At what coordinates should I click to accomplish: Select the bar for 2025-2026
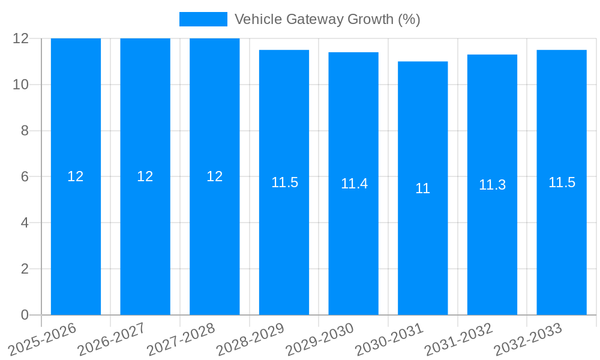tap(76, 240)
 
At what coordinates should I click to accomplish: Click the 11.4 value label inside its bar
tap(354, 184)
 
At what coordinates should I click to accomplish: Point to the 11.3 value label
tap(492, 185)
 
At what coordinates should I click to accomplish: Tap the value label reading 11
tap(422, 188)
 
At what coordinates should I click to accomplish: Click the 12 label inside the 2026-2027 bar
tap(145, 176)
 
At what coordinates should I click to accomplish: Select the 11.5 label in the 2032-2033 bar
tap(562, 182)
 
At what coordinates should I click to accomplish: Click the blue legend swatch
tap(203, 19)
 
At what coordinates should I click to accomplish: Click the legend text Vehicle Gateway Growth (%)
tap(327, 19)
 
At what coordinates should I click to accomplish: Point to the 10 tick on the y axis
tap(21, 85)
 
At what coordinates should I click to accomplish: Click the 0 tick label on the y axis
tap(25, 315)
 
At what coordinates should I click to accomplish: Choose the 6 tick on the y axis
tap(25, 177)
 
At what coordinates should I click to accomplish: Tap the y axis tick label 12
tap(21, 38)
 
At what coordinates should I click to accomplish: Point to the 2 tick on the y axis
tap(25, 269)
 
